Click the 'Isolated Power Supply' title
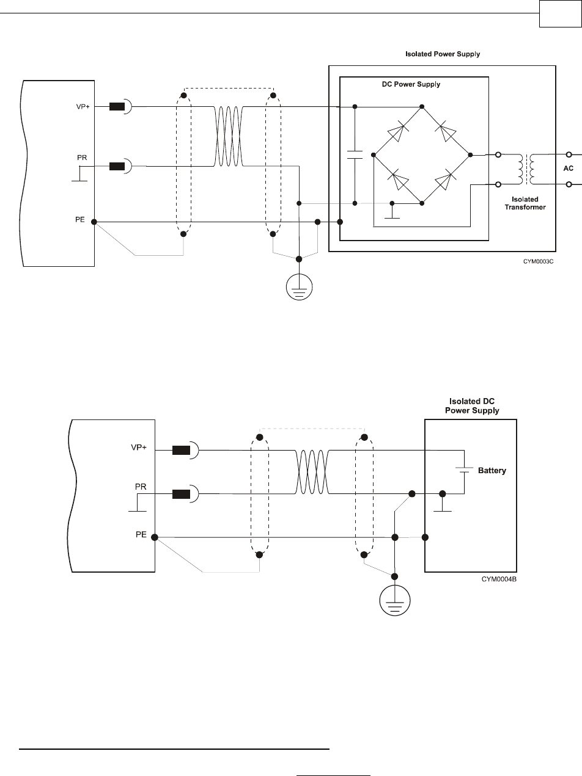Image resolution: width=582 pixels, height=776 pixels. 443,54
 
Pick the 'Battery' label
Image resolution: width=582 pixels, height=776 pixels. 492,471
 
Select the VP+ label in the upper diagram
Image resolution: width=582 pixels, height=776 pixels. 82,107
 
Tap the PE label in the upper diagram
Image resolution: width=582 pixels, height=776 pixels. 80,219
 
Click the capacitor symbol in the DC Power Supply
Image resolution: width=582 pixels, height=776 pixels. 355,153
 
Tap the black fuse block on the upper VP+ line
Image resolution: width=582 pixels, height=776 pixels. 117,107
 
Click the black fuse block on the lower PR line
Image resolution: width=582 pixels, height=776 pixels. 181,493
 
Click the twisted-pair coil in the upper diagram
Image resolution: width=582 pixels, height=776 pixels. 229,135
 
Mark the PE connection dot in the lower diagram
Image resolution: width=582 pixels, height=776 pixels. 155,537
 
